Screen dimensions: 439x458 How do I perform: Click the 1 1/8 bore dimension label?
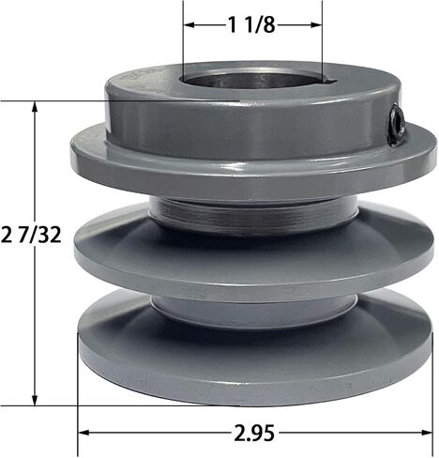click(x=251, y=24)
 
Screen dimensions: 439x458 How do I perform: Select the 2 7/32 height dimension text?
click(x=31, y=235)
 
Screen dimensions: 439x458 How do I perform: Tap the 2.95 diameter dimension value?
click(x=254, y=433)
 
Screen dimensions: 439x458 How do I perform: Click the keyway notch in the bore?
click(x=328, y=81)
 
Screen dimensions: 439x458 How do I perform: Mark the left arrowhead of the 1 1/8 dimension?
click(x=189, y=25)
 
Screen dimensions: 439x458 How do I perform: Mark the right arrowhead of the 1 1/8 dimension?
click(x=316, y=25)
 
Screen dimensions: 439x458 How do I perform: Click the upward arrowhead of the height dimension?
click(x=35, y=107)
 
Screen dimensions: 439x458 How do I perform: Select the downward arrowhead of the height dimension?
click(x=35, y=400)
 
